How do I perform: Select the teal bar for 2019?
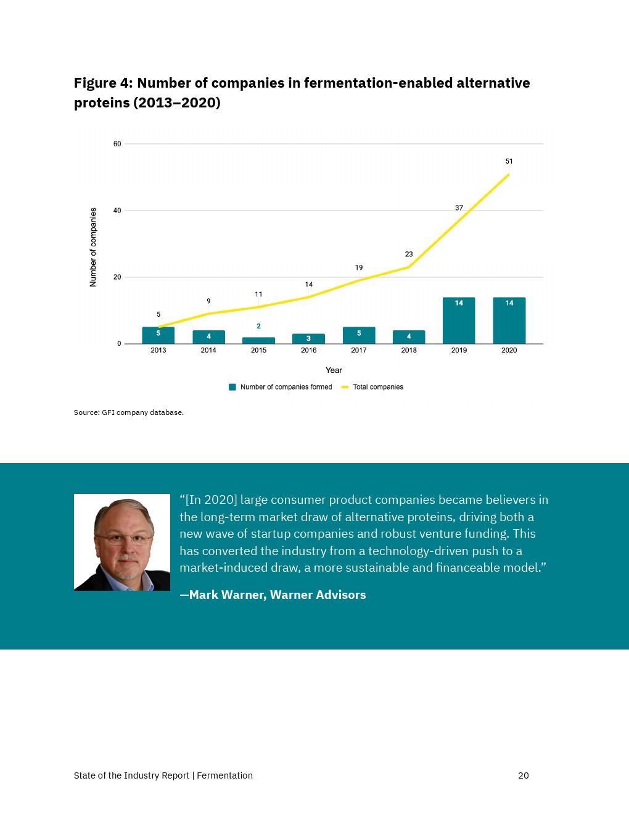pos(459,320)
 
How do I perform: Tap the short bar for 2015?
pos(258,340)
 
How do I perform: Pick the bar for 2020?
pos(509,320)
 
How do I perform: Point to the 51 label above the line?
pos(509,161)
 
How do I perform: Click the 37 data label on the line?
pos(459,208)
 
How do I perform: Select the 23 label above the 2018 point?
pos(409,254)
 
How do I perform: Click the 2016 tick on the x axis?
pos(308,350)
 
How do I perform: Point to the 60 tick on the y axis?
pos(117,144)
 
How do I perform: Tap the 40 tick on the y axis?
pos(117,211)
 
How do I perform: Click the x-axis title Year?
pos(334,370)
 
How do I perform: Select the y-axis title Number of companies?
pos(93,247)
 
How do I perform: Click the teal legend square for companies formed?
pos(232,387)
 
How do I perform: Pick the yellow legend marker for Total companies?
pos(345,387)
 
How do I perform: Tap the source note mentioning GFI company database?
pos(129,412)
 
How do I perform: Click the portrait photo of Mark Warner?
pos(122,542)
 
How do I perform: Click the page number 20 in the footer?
pos(523,775)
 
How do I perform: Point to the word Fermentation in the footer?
pos(224,775)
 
